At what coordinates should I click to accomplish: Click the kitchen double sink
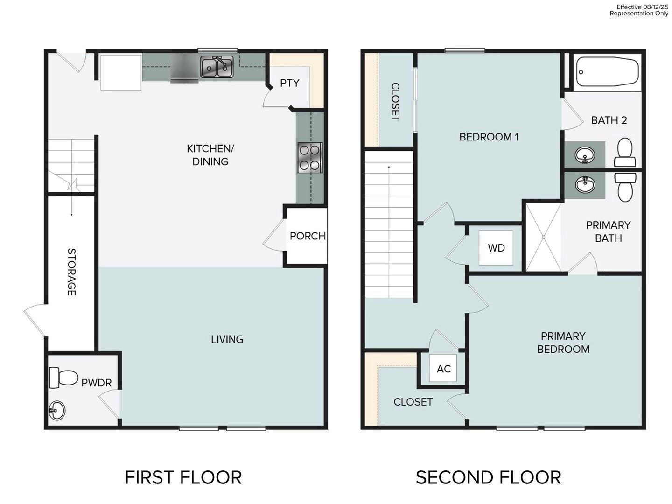(217, 67)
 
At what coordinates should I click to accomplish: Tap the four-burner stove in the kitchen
(309, 158)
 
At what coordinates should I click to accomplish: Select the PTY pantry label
(289, 83)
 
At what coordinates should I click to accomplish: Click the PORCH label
(308, 236)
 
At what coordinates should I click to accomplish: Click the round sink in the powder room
(57, 411)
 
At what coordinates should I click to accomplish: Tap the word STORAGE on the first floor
(71, 272)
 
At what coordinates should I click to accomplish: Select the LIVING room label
(227, 339)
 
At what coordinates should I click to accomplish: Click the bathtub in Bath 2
(607, 72)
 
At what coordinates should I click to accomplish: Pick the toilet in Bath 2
(624, 152)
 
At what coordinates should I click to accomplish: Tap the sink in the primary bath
(585, 185)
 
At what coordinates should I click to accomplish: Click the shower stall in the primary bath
(543, 237)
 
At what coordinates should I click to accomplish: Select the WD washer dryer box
(496, 248)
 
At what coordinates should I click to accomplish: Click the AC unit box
(443, 369)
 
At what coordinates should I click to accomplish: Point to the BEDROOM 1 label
(489, 137)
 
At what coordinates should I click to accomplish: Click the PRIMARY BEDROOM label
(563, 343)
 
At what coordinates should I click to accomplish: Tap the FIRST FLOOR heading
(183, 477)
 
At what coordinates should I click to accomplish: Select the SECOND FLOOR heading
(488, 477)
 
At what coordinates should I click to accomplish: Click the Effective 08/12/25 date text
(642, 7)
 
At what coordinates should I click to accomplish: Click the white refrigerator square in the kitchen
(121, 72)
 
